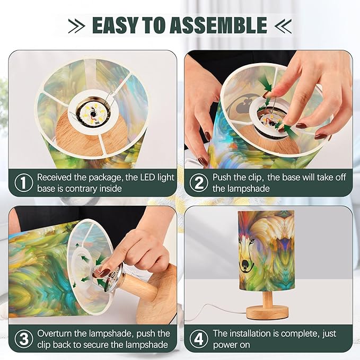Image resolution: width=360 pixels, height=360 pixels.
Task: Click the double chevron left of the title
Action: point(76,26)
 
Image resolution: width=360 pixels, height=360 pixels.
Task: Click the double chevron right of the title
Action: point(283,26)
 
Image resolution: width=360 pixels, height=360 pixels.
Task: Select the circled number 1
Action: point(24,183)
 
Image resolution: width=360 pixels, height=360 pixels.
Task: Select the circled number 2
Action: point(199,183)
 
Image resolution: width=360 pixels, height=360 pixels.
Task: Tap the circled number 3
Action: point(24,339)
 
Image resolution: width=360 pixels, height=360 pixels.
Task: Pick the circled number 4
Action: point(199,339)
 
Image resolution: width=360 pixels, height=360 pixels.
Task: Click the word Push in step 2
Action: point(222,178)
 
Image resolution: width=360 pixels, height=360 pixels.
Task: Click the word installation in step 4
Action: point(250,333)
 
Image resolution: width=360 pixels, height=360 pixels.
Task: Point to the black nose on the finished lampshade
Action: point(246,264)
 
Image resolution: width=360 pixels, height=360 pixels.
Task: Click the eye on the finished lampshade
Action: point(252,242)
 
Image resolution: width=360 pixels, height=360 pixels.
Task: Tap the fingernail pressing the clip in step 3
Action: point(104,273)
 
